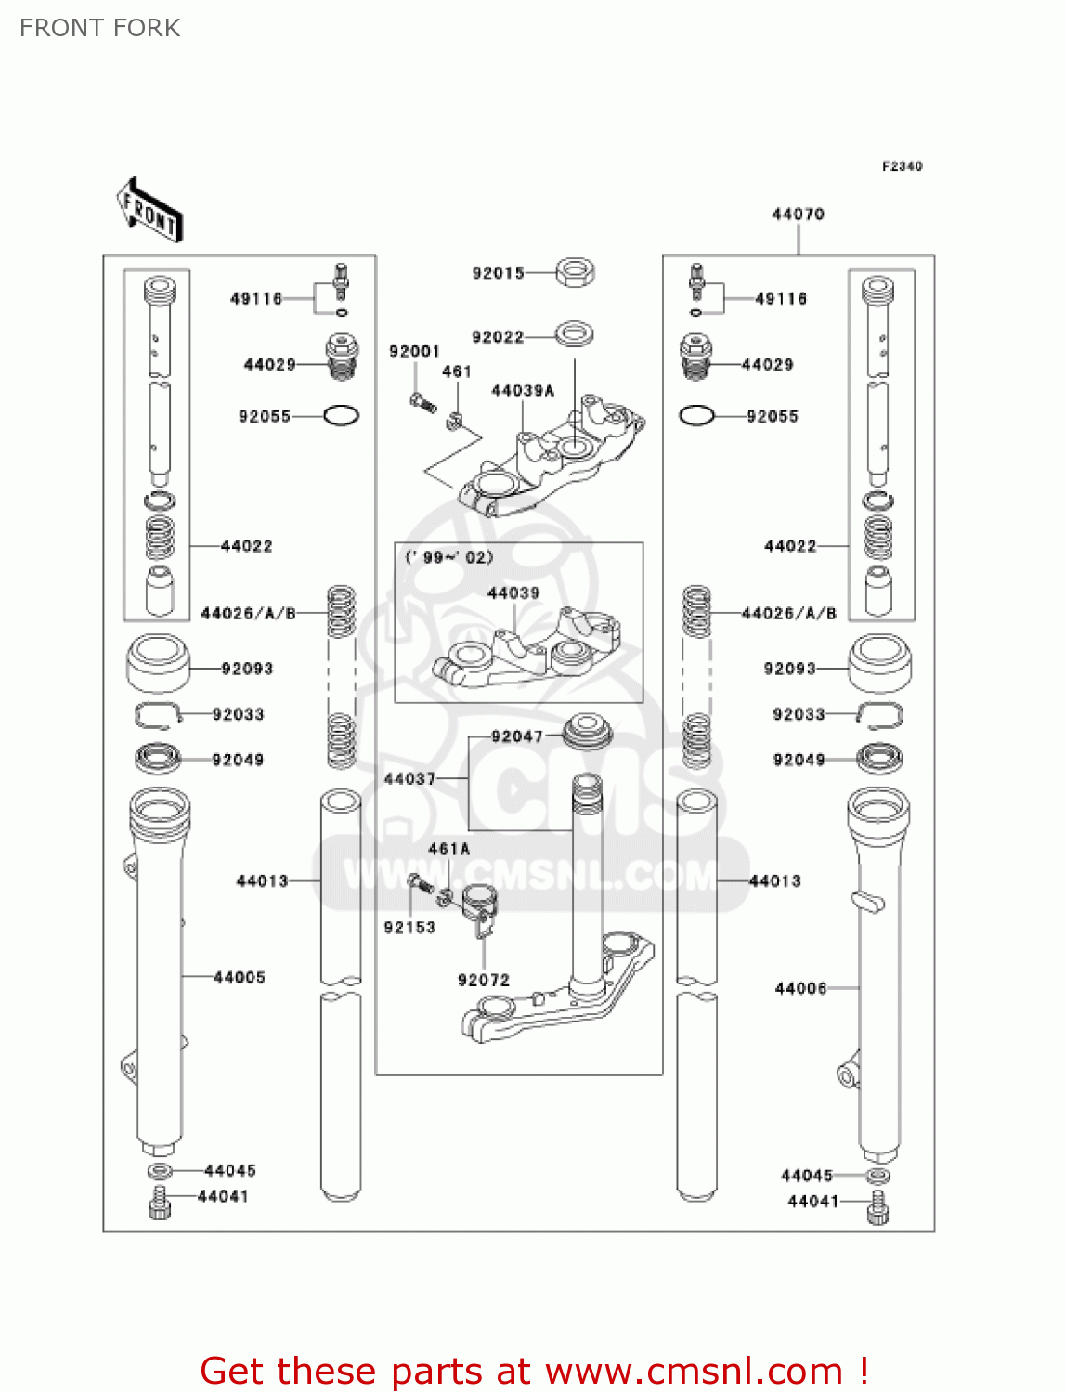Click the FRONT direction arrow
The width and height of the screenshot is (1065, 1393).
point(149,210)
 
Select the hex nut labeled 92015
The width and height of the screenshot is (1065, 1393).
point(575,272)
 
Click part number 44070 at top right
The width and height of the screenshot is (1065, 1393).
point(798,215)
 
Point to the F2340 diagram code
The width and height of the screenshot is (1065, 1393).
point(902,166)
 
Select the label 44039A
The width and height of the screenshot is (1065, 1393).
point(522,391)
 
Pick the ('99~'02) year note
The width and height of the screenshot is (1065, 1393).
point(449,557)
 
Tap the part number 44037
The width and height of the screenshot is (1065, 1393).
point(409,779)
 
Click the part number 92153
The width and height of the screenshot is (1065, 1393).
point(409,927)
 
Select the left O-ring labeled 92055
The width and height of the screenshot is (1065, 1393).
point(341,416)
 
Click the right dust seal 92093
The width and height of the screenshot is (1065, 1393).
point(879,663)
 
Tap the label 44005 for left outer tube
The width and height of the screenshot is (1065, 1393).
point(240,977)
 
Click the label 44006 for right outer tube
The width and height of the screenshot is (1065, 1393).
point(800,989)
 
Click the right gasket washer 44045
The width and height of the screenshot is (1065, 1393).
point(878,1176)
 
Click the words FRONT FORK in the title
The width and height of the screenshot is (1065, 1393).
point(99,28)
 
